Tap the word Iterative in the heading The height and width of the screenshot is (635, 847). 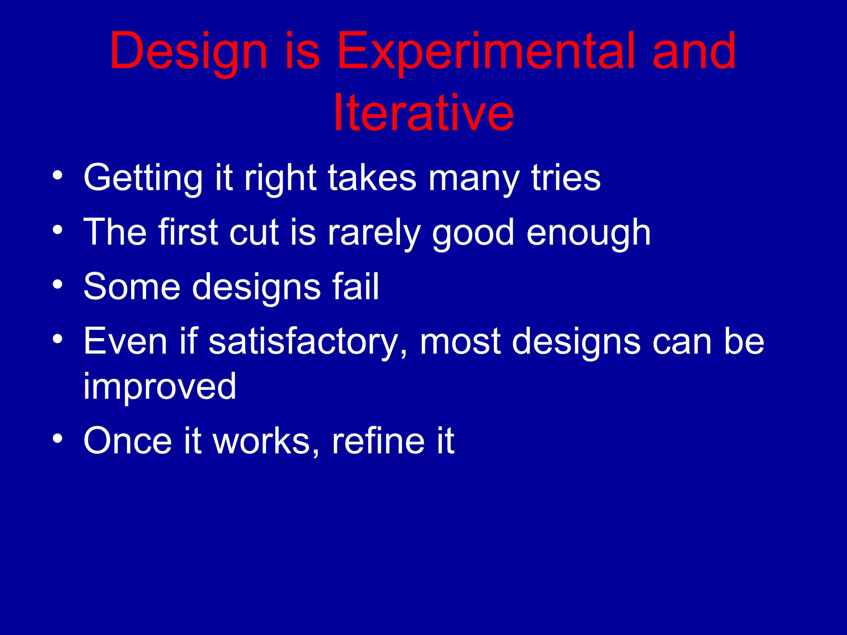(x=423, y=113)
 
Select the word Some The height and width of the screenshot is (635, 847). (x=132, y=286)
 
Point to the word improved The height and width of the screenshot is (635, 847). (x=160, y=387)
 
